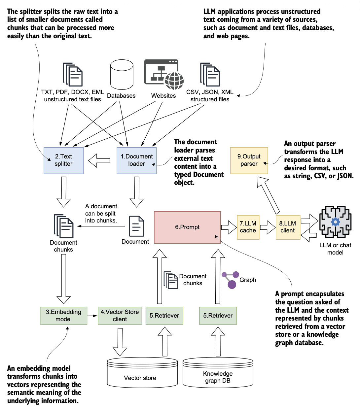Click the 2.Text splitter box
click(x=63, y=160)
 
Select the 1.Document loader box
click(x=136, y=160)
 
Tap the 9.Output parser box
click(x=249, y=160)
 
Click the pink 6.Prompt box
click(x=187, y=227)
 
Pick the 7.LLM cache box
click(x=248, y=227)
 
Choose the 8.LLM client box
click(x=288, y=227)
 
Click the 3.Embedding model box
click(x=63, y=316)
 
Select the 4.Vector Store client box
click(x=120, y=316)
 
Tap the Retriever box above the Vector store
click(x=164, y=316)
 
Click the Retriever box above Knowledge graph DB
click(x=218, y=316)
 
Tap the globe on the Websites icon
click(x=174, y=81)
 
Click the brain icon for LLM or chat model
click(x=335, y=222)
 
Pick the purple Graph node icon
click(x=231, y=280)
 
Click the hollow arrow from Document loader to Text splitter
click(x=99, y=161)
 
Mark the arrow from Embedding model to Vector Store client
click(x=92, y=316)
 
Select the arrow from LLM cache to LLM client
click(x=268, y=227)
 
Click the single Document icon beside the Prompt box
click(x=136, y=226)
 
